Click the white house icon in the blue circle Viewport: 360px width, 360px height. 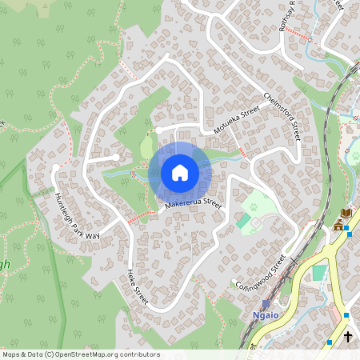tap(179, 173)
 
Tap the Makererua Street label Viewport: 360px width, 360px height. tap(192, 206)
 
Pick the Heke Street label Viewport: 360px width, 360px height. tap(137, 289)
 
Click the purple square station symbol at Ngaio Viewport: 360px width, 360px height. tap(266, 304)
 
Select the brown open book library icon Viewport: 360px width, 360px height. tap(345, 214)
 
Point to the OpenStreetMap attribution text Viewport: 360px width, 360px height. tap(80, 354)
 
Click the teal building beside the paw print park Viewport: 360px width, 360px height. tap(242, 220)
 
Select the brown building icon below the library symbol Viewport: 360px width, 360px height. tap(339, 227)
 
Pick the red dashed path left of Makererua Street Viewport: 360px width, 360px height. tap(139, 216)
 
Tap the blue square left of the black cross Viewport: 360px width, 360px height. tap(329, 342)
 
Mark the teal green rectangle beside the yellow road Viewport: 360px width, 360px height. tap(319, 272)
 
